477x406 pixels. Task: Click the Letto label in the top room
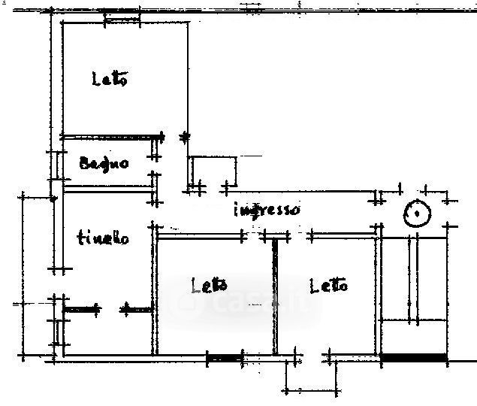coord(110,78)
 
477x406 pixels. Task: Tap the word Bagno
coord(104,163)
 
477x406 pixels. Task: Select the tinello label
coord(103,238)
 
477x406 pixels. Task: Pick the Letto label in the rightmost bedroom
coord(328,286)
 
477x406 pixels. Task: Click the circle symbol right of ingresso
coord(416,215)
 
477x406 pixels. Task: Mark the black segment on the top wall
coord(122,14)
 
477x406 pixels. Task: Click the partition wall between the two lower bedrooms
coord(276,296)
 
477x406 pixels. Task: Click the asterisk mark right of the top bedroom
coord(185,137)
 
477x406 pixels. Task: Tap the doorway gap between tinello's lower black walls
coord(111,308)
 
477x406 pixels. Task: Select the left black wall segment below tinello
coord(81,308)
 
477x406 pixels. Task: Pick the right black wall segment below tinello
coord(137,308)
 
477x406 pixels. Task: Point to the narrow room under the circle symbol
coord(414,278)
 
